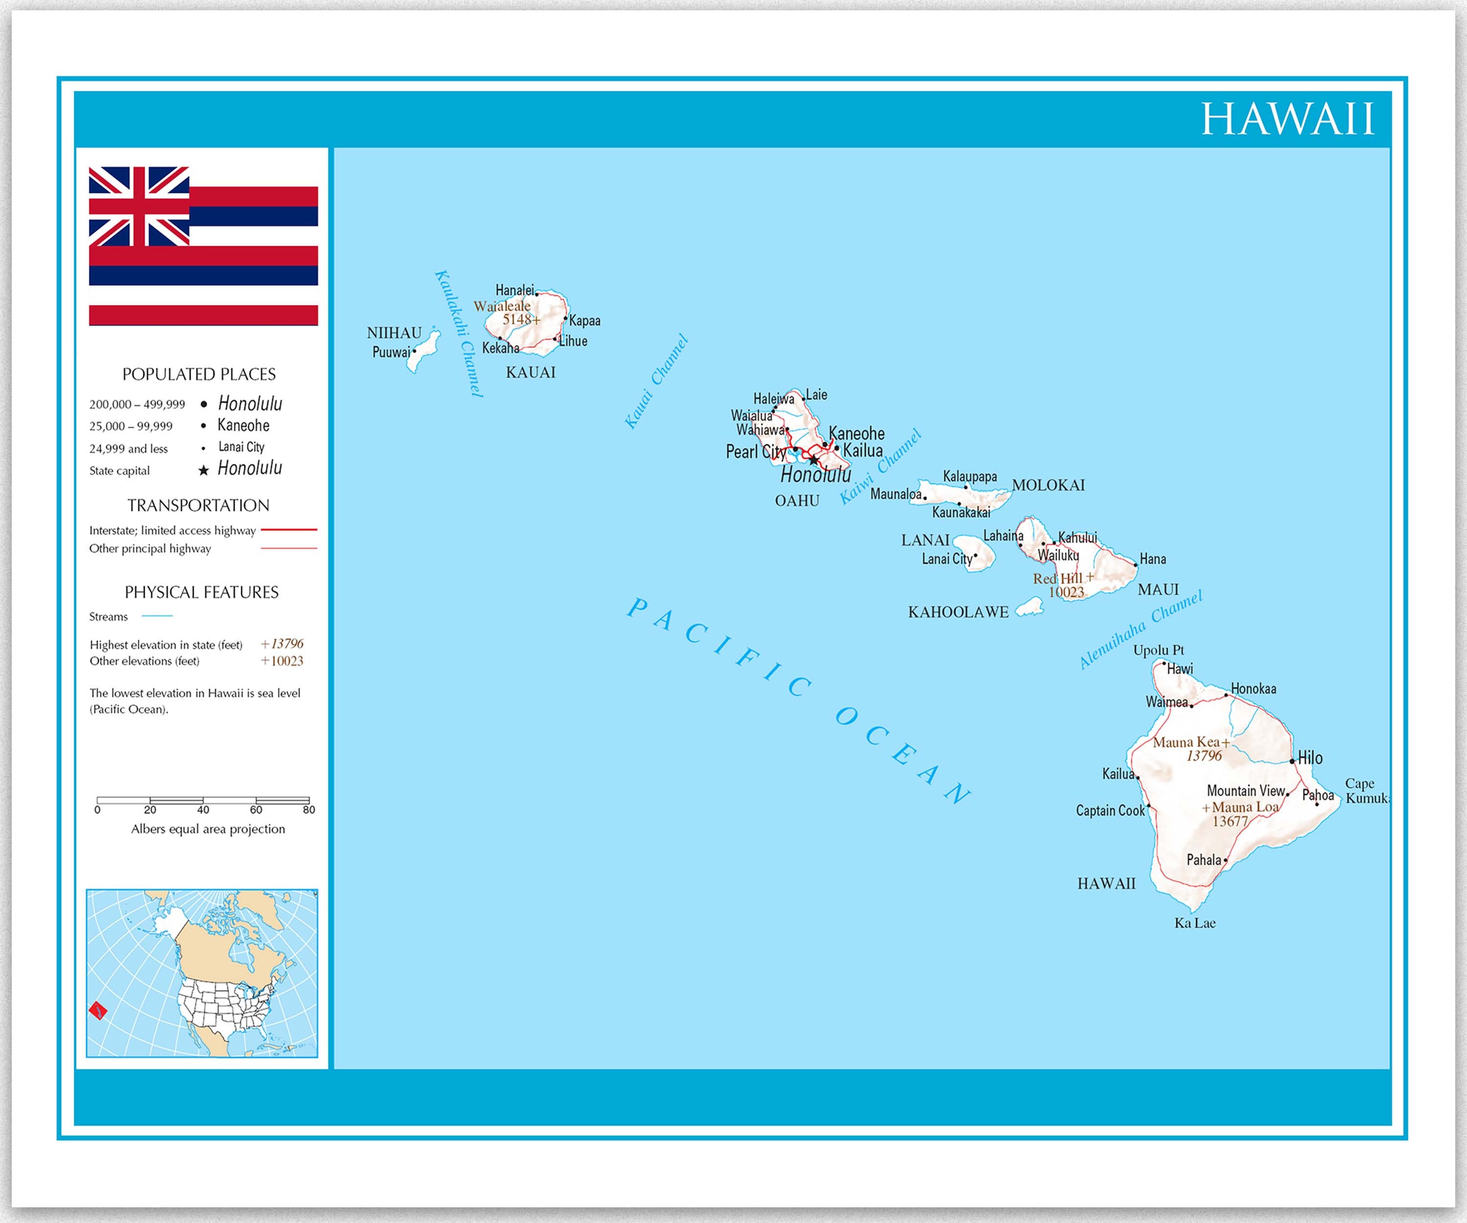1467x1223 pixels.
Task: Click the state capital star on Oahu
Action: [x=814, y=460]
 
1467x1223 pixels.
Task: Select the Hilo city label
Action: [x=1310, y=758]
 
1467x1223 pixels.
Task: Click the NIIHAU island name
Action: [x=394, y=333]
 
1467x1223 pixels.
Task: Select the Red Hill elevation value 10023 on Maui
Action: [x=1066, y=592]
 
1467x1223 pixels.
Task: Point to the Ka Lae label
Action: [x=1195, y=923]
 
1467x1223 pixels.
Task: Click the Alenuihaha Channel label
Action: [x=1140, y=630]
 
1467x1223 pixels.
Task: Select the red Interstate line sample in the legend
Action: [x=289, y=530]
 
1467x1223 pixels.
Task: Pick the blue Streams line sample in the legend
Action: [x=157, y=616]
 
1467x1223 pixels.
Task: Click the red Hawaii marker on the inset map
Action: [x=98, y=1010]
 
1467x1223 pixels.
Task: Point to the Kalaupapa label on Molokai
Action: [x=970, y=476]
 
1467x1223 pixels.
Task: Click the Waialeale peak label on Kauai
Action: [x=502, y=306]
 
